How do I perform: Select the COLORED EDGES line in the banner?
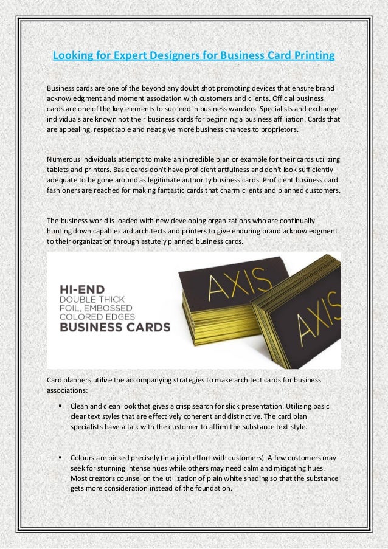[102, 316]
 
